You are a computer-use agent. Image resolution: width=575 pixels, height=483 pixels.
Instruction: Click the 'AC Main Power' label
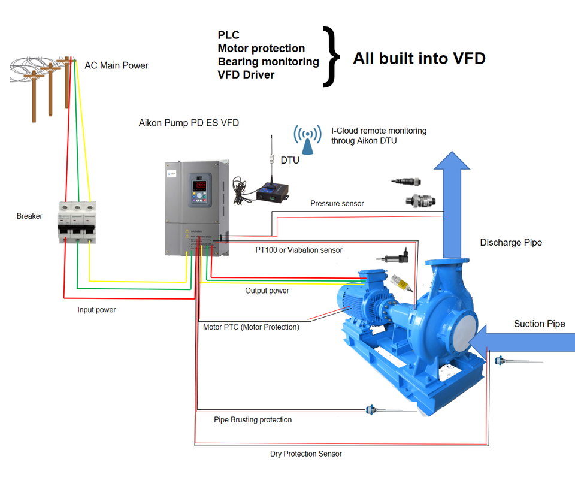[116, 65]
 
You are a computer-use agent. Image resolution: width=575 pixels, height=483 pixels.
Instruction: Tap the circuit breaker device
[77, 221]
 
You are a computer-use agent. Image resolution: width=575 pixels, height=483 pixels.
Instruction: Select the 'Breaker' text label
[29, 216]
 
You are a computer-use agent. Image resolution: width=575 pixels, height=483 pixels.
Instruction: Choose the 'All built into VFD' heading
[419, 58]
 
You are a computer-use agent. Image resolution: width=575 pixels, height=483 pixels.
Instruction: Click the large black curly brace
[331, 57]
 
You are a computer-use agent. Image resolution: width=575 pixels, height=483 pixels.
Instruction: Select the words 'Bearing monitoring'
[268, 62]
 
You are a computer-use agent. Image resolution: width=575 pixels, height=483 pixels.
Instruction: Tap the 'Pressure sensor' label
[337, 204]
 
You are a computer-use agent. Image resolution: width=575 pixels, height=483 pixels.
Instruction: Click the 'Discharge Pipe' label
[511, 243]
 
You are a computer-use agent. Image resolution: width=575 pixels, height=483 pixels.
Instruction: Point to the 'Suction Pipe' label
[539, 324]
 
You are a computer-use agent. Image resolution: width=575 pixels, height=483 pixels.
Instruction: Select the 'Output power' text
[267, 291]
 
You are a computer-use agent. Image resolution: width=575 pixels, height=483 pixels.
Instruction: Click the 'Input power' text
[96, 310]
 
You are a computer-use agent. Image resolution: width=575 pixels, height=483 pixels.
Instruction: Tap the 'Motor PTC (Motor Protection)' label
[251, 327]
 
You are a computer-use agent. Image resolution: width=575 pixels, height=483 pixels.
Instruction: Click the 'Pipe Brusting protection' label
[253, 420]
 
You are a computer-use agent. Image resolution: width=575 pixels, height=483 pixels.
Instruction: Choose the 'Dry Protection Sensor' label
[305, 454]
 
